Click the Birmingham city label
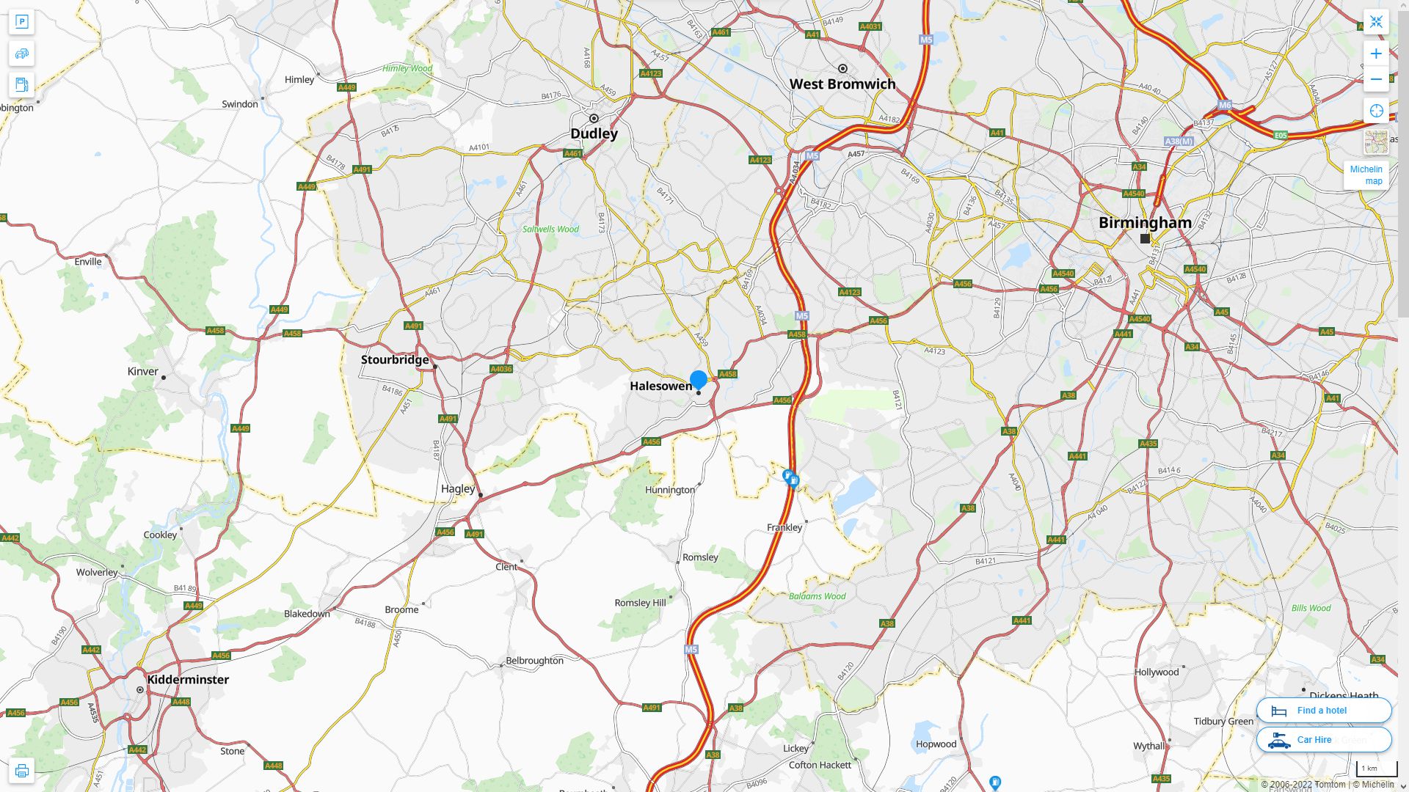1145,222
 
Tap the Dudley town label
594,133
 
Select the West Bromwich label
842,84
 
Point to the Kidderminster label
188,679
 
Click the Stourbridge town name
395,359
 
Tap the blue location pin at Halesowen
699,379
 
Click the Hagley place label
458,488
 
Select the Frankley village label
784,527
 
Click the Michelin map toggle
1366,175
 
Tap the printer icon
21,771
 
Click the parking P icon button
21,21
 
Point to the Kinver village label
142,371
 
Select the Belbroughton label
534,660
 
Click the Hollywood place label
1157,672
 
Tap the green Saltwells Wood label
550,229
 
